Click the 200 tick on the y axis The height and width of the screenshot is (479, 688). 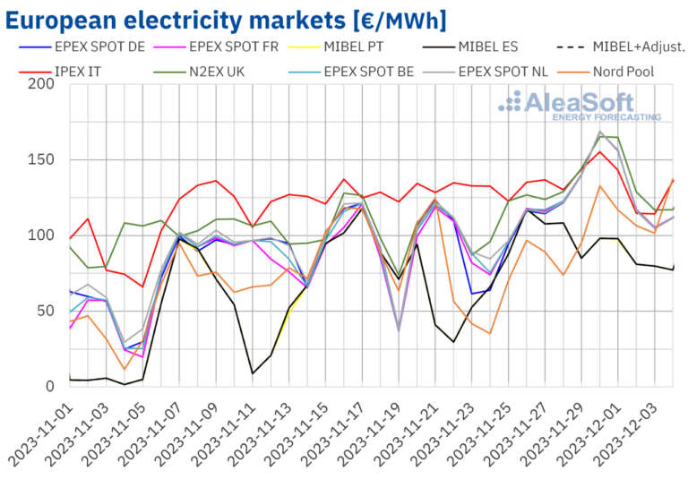42,84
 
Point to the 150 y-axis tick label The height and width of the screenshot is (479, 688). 42,160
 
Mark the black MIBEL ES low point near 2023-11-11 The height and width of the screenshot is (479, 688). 253,373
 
